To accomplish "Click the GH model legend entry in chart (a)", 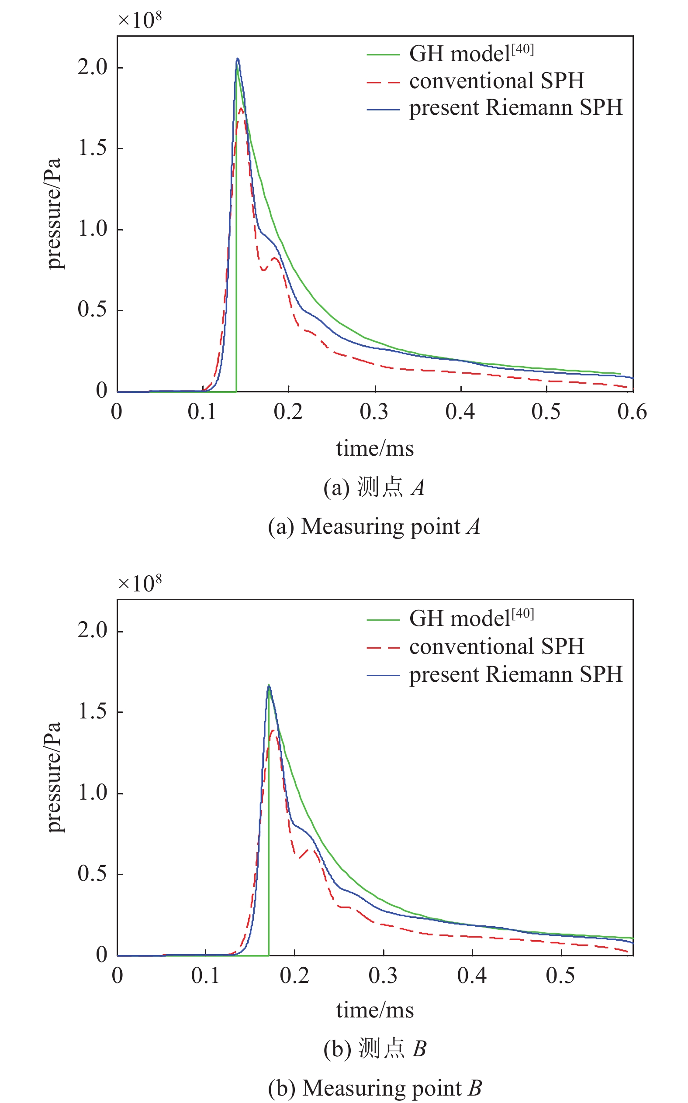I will [x=471, y=54].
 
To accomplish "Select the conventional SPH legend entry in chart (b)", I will [x=496, y=646].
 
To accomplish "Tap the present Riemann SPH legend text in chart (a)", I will [x=515, y=108].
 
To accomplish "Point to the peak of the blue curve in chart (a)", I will [x=237, y=58].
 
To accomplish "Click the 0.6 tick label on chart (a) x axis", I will [x=632, y=412].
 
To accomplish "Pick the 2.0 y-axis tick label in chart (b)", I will [x=92, y=631].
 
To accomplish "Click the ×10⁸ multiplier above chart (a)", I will [x=140, y=20].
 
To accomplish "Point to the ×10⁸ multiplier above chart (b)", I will [x=140, y=583].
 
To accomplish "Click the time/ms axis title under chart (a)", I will [x=374, y=449].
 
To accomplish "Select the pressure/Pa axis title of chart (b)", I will [x=54, y=777].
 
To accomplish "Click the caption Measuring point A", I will [x=374, y=526].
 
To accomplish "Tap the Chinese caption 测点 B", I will [x=374, y=1048].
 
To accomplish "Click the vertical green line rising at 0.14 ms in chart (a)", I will [x=236, y=273].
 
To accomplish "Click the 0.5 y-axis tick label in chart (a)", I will [x=92, y=309].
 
